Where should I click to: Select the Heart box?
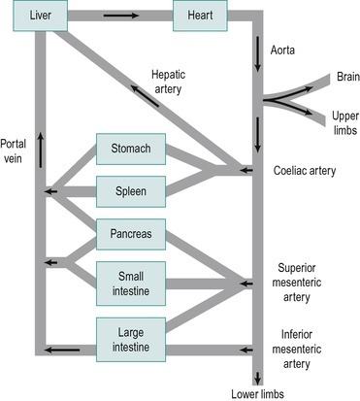coord(200,17)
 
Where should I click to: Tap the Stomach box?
coord(130,150)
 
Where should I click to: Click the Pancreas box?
coord(130,234)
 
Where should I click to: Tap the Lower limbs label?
coord(256,392)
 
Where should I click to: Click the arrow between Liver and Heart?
coord(121,17)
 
